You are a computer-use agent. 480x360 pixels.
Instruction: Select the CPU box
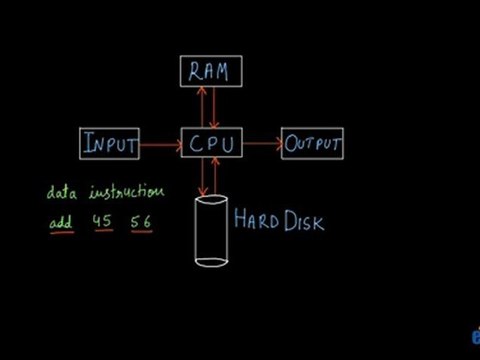coord(211,144)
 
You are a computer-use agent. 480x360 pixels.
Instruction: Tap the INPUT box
coord(110,144)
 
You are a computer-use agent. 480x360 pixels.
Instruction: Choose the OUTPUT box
coord(313,144)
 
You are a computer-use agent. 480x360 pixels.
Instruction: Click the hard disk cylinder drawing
coord(212,232)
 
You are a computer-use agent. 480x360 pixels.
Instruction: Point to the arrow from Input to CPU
coord(160,144)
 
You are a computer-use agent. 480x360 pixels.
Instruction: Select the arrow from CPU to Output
coord(261,144)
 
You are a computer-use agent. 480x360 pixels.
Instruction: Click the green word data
coord(62,191)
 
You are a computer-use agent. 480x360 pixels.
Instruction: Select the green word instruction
coord(125,191)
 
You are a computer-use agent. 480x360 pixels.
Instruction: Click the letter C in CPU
coord(196,145)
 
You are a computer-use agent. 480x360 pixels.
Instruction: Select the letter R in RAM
coord(193,71)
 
